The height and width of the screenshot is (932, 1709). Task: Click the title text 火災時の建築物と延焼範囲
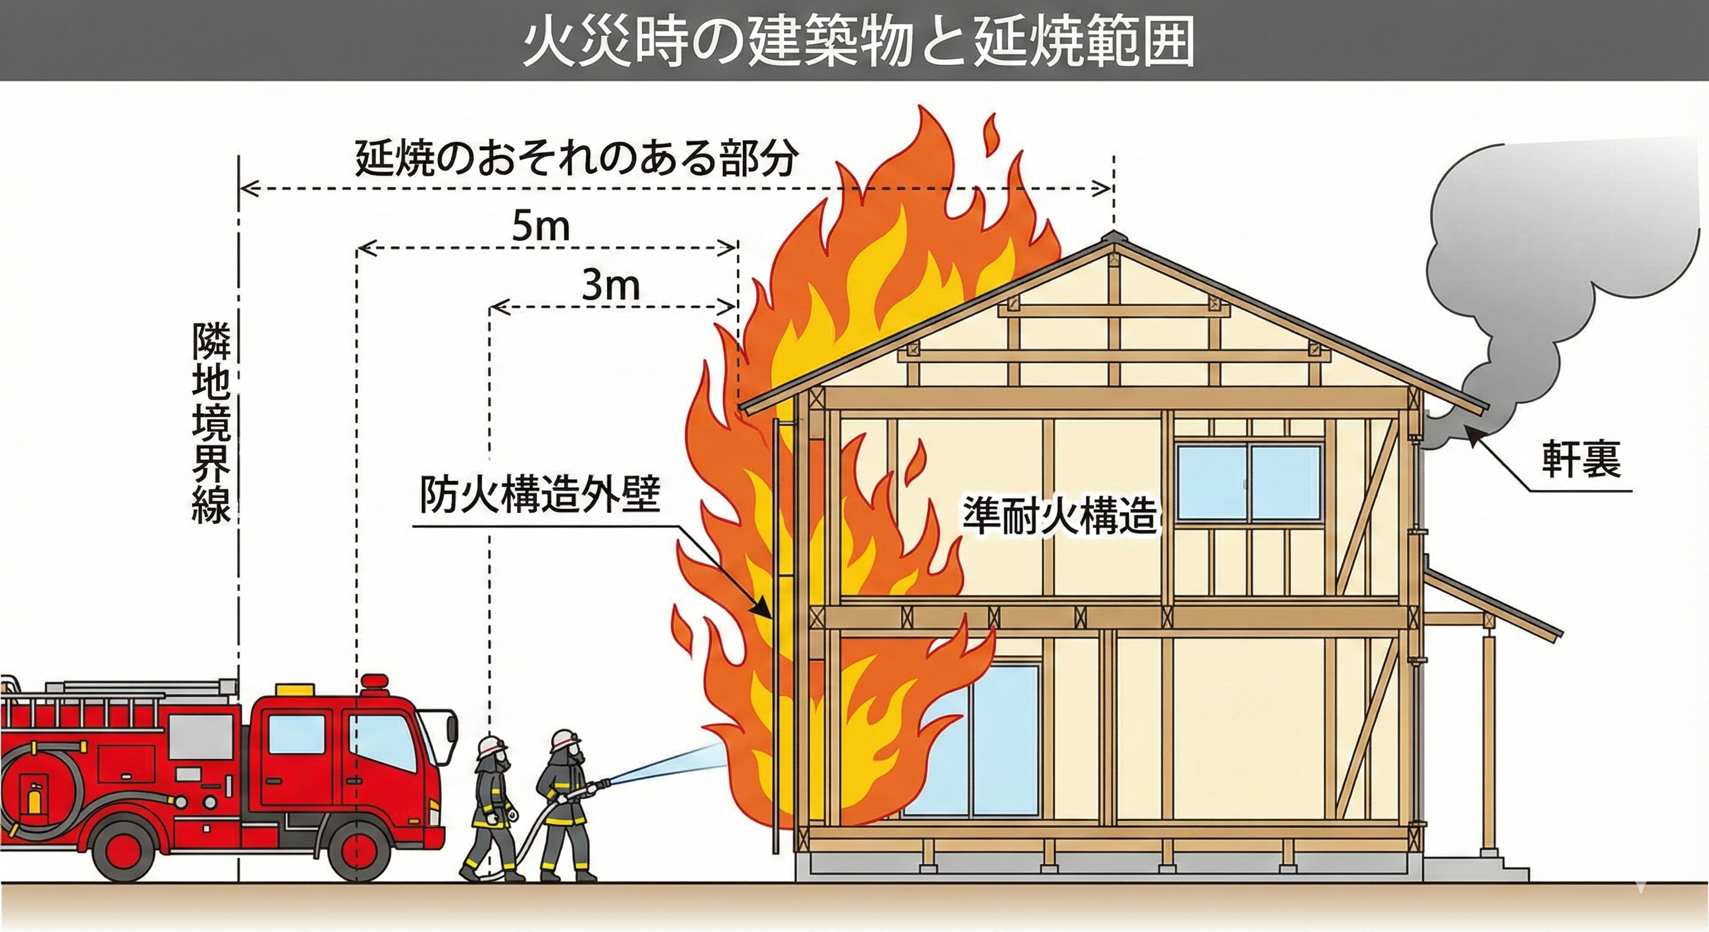[x=856, y=41]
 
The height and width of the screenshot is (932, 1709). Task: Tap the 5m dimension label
[x=541, y=228]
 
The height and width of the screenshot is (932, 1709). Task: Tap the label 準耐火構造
[x=1060, y=515]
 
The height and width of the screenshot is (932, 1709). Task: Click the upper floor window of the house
[x=1249, y=482]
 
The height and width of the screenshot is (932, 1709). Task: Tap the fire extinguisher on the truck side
[x=33, y=797]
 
